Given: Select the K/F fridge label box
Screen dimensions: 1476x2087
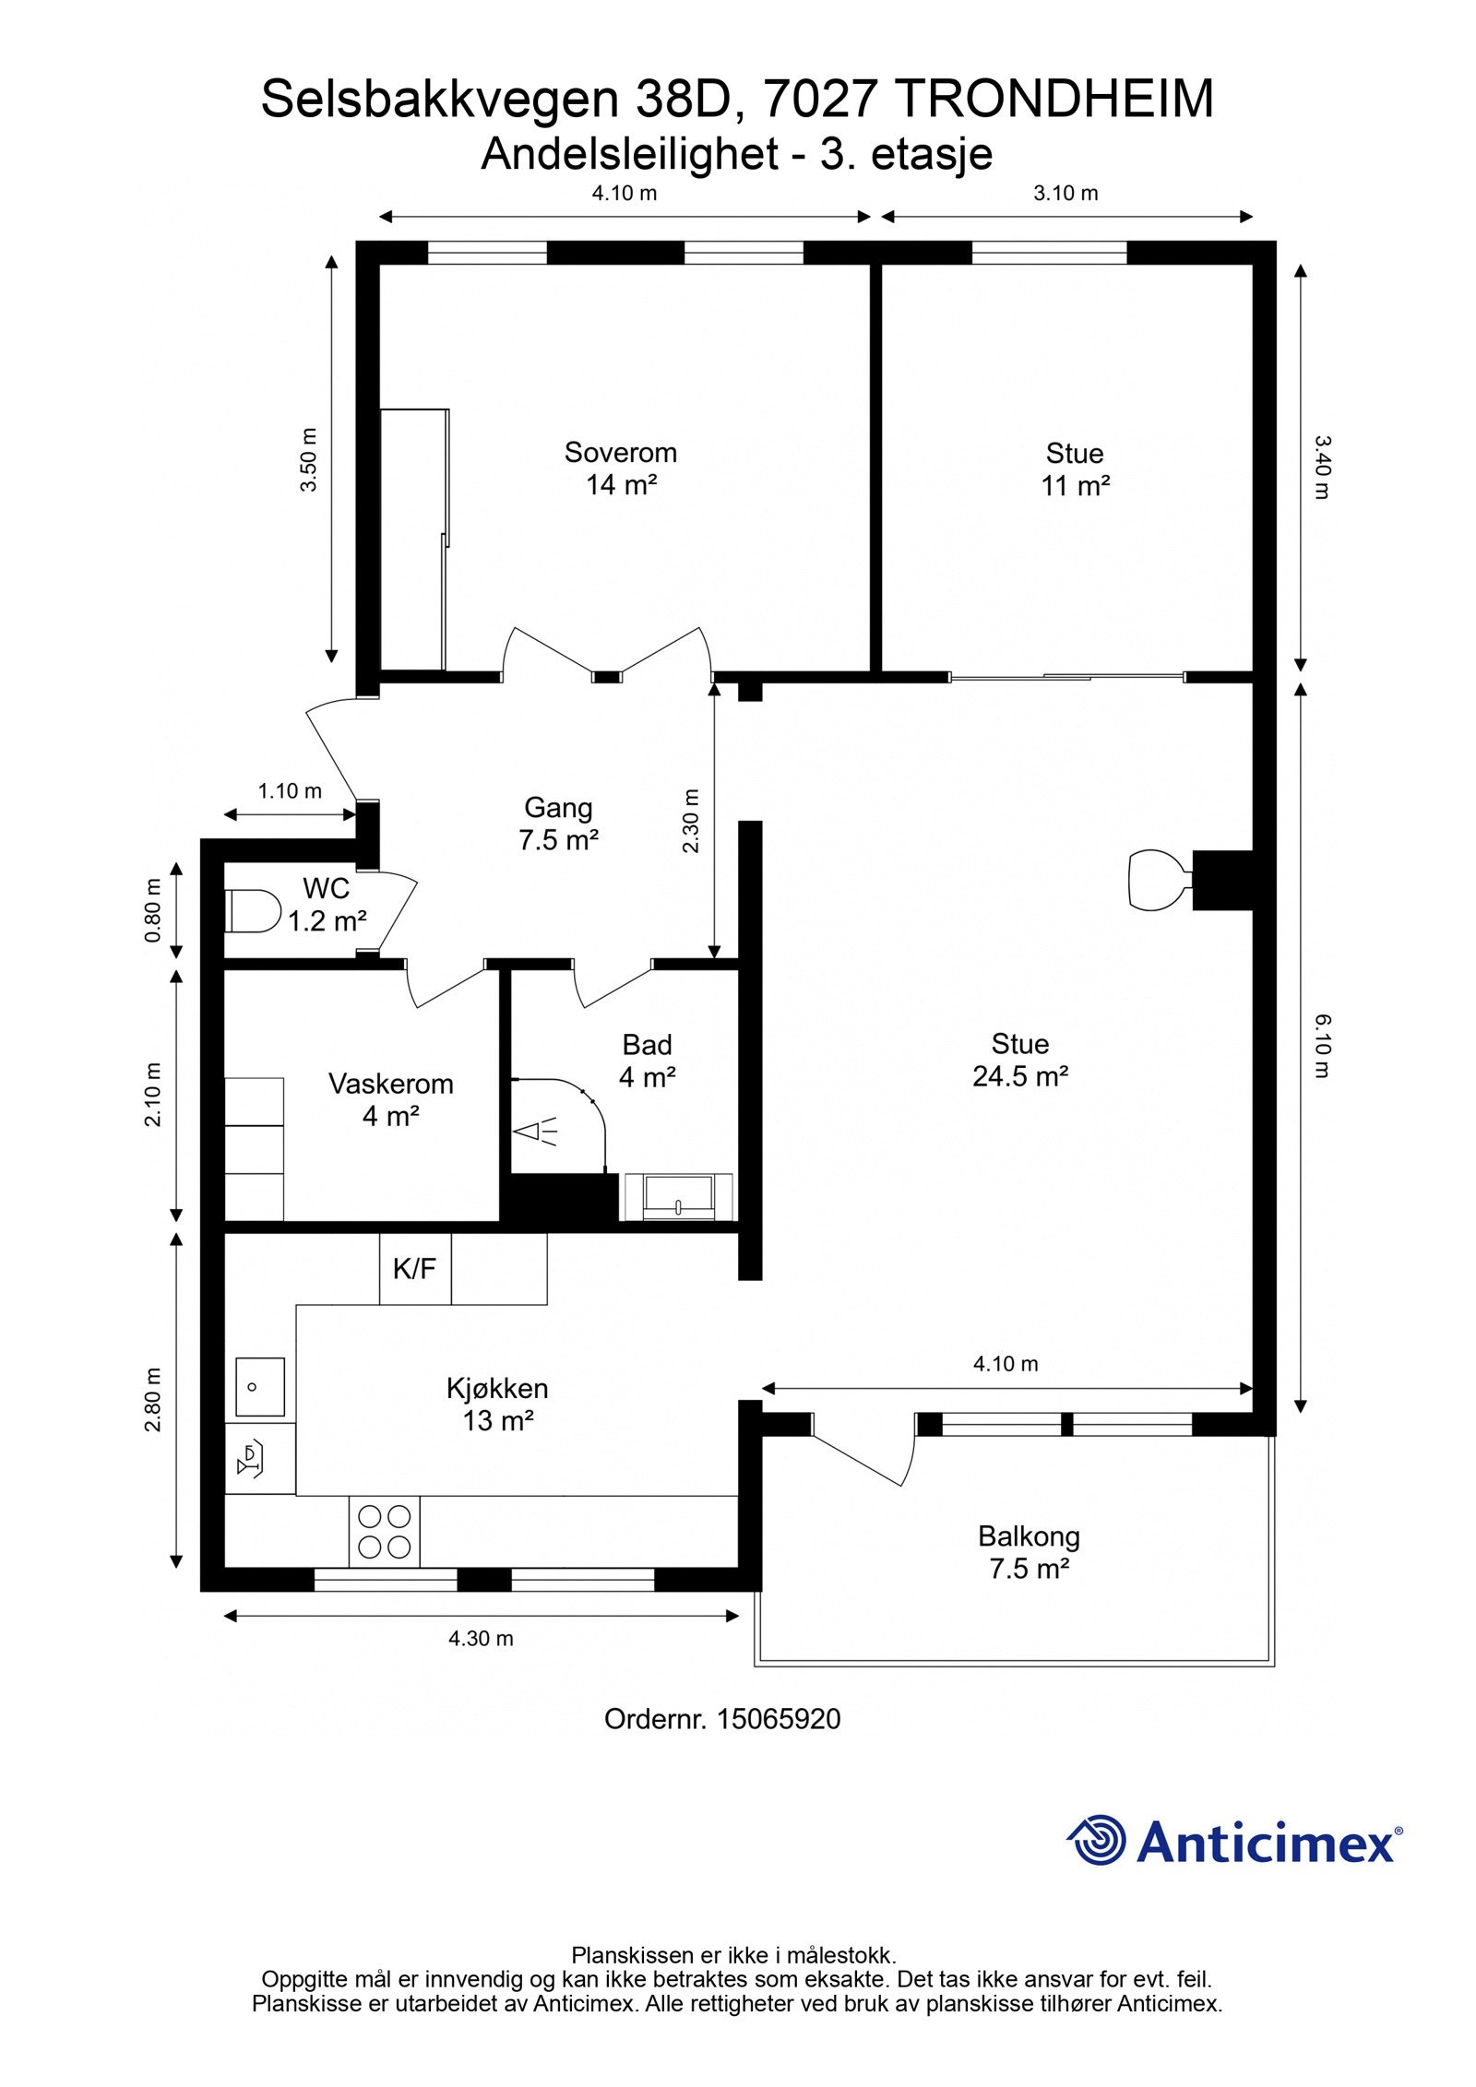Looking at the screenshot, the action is point(415,1268).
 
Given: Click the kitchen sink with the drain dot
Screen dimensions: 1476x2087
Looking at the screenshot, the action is point(259,1386).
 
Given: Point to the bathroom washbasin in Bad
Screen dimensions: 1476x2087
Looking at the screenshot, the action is point(679,1197).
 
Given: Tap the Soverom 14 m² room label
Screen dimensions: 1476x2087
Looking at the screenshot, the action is point(621,468).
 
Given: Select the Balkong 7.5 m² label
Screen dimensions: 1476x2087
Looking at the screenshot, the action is point(1029,1552).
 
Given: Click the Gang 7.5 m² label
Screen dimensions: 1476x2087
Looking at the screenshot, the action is point(558,824).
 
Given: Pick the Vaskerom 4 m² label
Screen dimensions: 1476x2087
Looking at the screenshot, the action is point(391,1099).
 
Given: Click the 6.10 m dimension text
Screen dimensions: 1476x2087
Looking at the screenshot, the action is point(1323,1046).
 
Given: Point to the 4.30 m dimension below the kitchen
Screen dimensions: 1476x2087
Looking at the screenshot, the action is point(481,1638).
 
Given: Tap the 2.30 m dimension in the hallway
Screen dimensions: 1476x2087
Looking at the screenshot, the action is point(692,821).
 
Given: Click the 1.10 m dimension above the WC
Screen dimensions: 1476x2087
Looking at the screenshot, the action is point(290,790).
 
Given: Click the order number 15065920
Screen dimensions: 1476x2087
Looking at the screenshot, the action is point(780,1719).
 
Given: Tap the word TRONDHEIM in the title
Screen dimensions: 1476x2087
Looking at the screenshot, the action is point(1054,99).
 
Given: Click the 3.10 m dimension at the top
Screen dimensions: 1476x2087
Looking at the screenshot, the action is point(1065,193).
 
